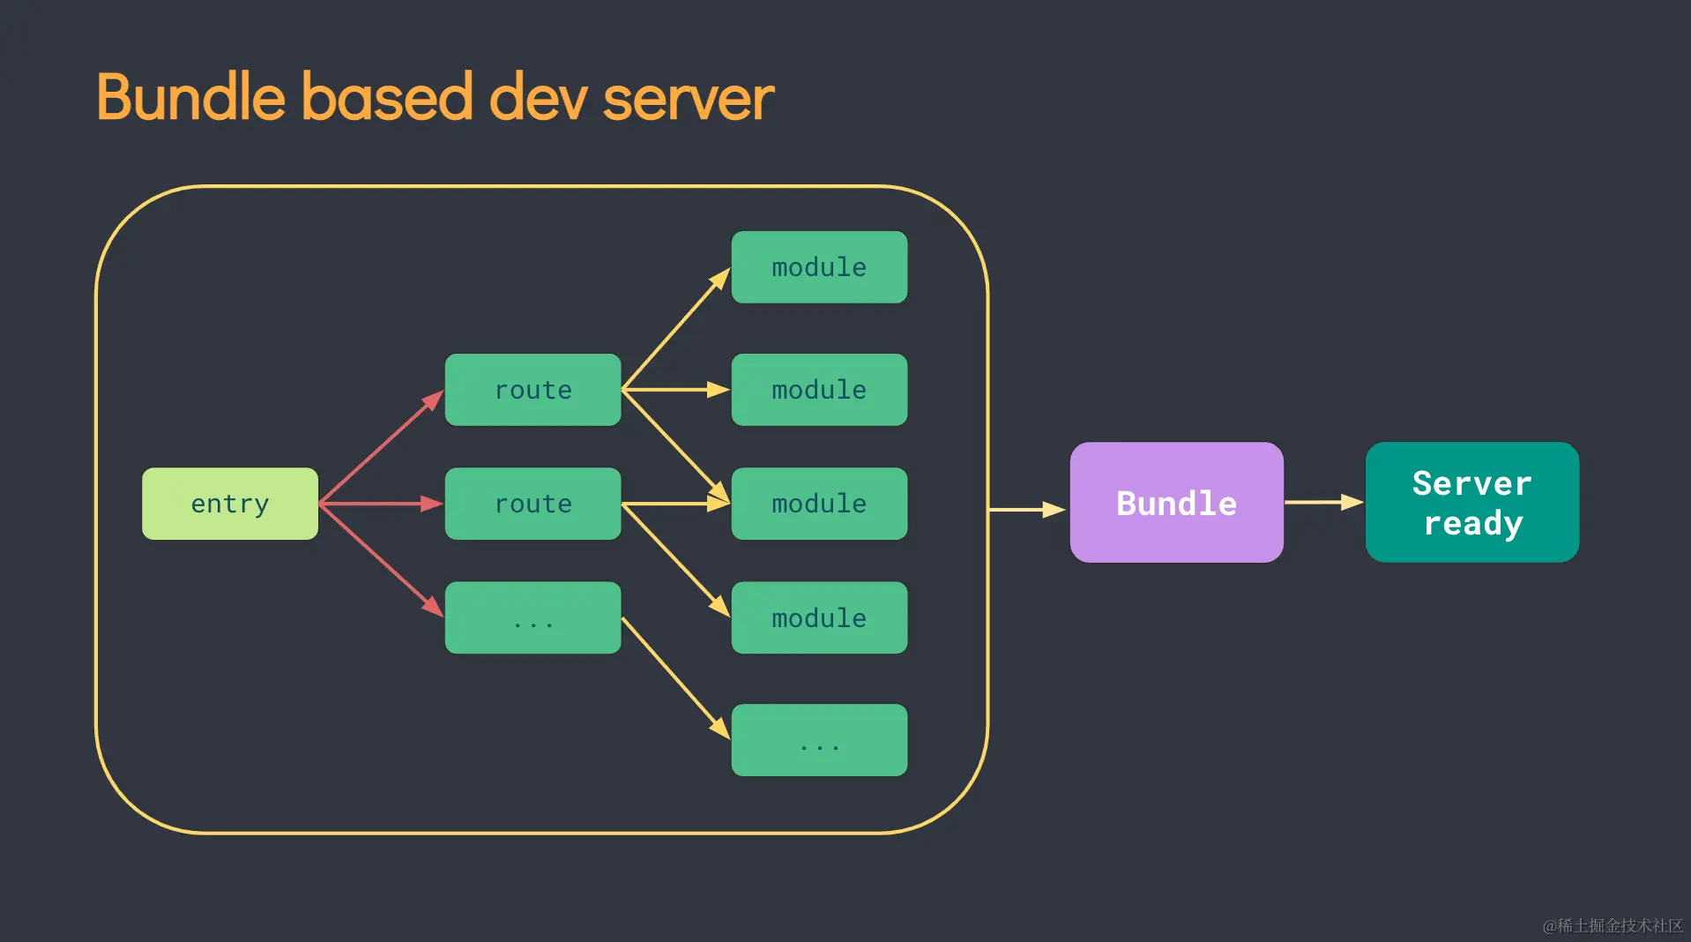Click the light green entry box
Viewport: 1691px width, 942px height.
pyautogui.click(x=230, y=504)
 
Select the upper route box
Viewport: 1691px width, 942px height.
pyautogui.click(x=533, y=390)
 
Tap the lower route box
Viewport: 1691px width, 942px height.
pyautogui.click(x=533, y=504)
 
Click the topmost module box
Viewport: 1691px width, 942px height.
pyautogui.click(x=819, y=267)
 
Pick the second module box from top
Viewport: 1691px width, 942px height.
pyautogui.click(x=819, y=390)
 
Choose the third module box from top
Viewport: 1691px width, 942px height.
pyautogui.click(x=819, y=504)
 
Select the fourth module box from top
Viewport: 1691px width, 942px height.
pyautogui.click(x=819, y=617)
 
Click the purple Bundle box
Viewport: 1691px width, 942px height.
pyautogui.click(x=1176, y=503)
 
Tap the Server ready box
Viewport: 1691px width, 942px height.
pyautogui.click(x=1471, y=503)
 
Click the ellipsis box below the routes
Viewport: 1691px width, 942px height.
pyautogui.click(x=533, y=617)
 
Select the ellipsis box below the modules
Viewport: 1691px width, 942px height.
pyautogui.click(x=819, y=740)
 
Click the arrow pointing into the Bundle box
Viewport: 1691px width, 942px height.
pyautogui.click(x=1027, y=509)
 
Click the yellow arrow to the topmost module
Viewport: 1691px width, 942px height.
pyautogui.click(x=675, y=329)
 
